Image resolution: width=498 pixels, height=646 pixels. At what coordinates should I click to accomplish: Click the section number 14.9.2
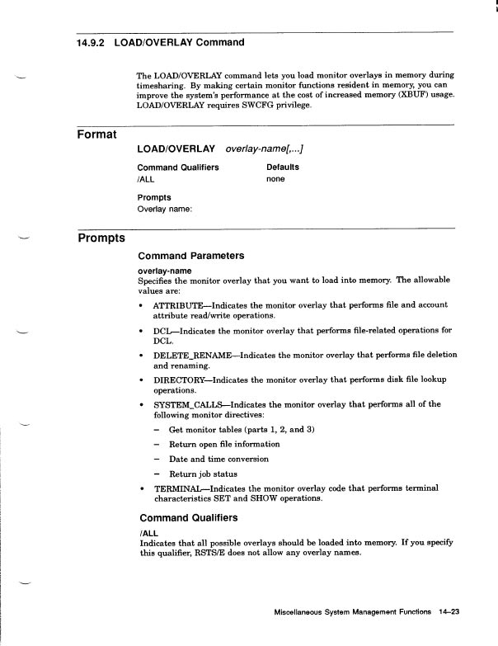pyautogui.click(x=84, y=42)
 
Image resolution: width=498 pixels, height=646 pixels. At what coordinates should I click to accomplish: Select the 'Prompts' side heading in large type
pyautogui.click(x=101, y=238)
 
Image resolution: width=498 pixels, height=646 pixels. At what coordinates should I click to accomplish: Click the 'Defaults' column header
pyautogui.click(x=283, y=167)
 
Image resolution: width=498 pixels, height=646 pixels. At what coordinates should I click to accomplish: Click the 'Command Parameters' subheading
pyautogui.click(x=190, y=256)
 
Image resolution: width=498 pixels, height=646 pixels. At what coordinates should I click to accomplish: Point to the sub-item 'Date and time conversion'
pyautogui.click(x=218, y=459)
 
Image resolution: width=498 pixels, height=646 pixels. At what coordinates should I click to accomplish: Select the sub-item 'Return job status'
pyautogui.click(x=203, y=474)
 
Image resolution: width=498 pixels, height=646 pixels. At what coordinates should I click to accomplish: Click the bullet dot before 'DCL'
pyautogui.click(x=142, y=331)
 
